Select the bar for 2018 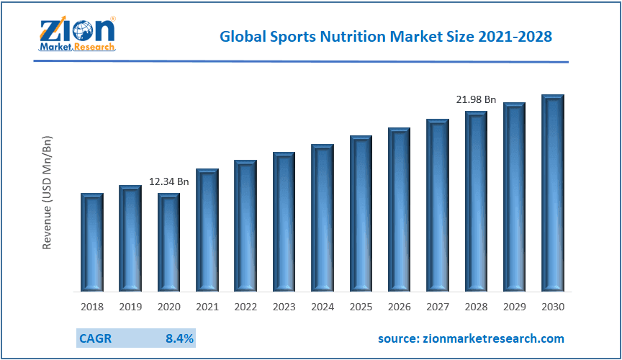(x=91, y=243)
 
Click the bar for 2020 (x=168, y=243)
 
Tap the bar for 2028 (x=476, y=202)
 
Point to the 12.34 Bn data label (x=168, y=181)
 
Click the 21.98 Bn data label (x=476, y=99)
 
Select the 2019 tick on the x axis (x=130, y=307)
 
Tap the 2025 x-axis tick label (x=361, y=307)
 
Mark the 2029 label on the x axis (x=515, y=307)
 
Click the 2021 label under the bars (x=207, y=307)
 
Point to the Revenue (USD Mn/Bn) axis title (x=48, y=192)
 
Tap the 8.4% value (x=180, y=338)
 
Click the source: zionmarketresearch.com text (x=471, y=338)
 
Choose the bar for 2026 (x=399, y=210)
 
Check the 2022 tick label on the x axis (x=245, y=307)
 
